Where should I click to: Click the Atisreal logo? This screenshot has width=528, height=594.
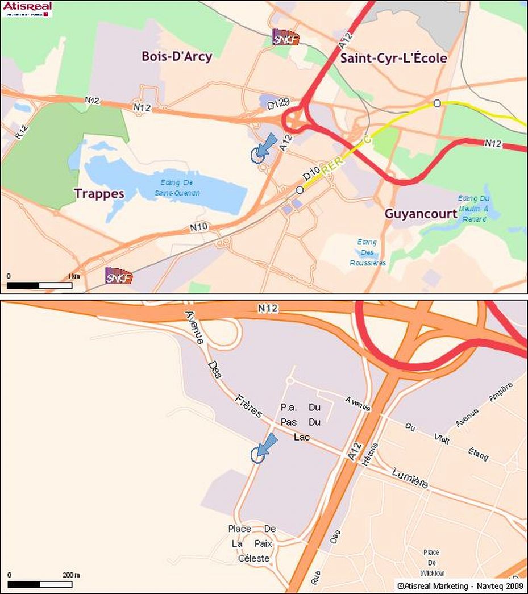(x=27, y=9)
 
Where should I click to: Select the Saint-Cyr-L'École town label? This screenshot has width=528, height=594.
(x=393, y=58)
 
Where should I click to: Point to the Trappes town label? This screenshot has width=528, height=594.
(x=99, y=193)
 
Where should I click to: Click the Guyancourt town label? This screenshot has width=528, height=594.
(x=421, y=214)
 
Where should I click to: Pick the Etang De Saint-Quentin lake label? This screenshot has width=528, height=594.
(x=178, y=188)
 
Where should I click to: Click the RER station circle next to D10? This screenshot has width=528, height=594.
(x=300, y=190)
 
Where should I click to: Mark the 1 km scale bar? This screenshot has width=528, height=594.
(x=40, y=285)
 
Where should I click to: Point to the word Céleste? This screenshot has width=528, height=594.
(x=253, y=559)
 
